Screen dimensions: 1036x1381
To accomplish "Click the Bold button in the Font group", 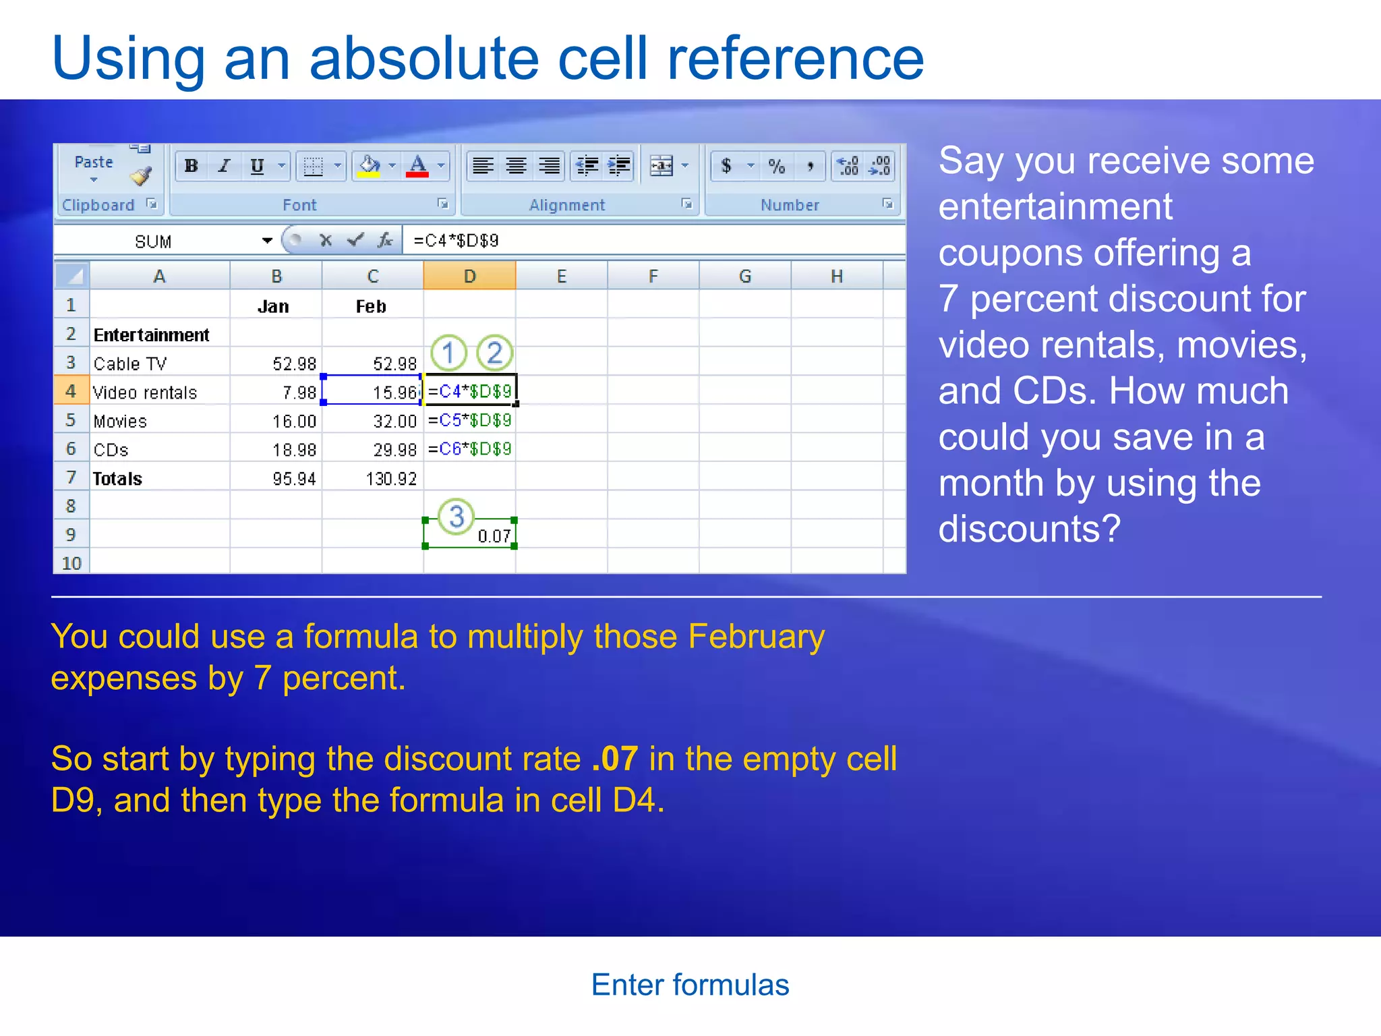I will pyautogui.click(x=192, y=166).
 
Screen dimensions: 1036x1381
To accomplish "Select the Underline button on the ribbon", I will pyautogui.click(x=257, y=166).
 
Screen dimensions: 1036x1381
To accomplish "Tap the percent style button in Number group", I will pyautogui.click(x=776, y=166).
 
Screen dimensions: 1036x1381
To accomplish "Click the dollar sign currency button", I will pyautogui.click(x=726, y=166).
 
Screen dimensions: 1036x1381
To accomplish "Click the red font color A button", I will pyautogui.click(x=417, y=166).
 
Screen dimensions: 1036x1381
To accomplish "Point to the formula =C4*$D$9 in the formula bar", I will pyautogui.click(x=456, y=241).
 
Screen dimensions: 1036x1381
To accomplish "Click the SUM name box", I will pyautogui.click(x=154, y=241).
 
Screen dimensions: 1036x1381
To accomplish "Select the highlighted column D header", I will pyautogui.click(x=469, y=277).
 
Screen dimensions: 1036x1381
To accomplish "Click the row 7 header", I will pyautogui.click(x=71, y=478).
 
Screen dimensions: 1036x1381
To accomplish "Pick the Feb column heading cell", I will pyautogui.click(x=371, y=307).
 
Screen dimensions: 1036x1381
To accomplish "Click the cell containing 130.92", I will pyautogui.click(x=390, y=479).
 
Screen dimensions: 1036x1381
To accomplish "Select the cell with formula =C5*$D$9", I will pyautogui.click(x=470, y=421).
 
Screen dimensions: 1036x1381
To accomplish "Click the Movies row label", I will pyautogui.click(x=120, y=422).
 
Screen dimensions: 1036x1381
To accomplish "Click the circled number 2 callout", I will pyautogui.click(x=494, y=353).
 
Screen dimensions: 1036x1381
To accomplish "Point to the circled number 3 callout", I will pyautogui.click(x=457, y=517).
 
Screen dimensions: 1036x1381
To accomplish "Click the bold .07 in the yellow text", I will pyautogui.click(x=614, y=759).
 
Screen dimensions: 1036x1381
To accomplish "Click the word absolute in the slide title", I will pyautogui.click(x=424, y=59).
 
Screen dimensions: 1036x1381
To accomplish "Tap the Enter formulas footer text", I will pyautogui.click(x=690, y=985).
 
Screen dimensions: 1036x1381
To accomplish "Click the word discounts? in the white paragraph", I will pyautogui.click(x=1029, y=529).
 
